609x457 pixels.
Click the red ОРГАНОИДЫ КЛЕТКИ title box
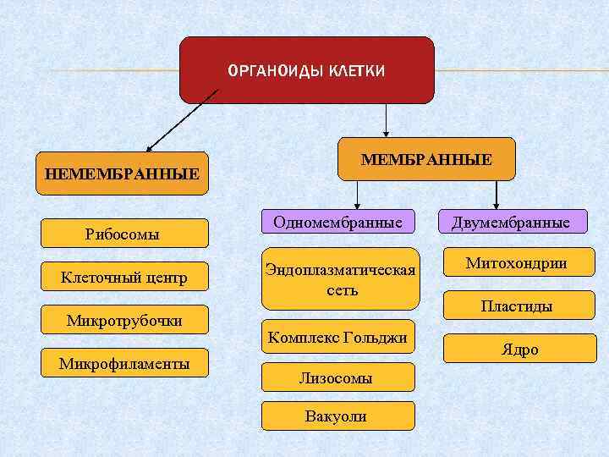click(306, 69)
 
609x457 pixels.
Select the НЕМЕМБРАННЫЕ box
click(123, 173)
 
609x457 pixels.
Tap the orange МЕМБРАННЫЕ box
click(425, 159)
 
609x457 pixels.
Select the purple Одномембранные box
click(337, 222)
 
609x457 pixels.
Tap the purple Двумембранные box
click(510, 222)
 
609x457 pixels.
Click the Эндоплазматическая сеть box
click(340, 278)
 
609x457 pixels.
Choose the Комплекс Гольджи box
click(337, 337)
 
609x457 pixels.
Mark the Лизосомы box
click(337, 377)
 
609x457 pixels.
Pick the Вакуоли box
click(337, 416)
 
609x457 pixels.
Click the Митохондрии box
click(516, 263)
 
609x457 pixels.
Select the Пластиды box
click(516, 306)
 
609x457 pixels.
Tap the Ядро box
click(516, 349)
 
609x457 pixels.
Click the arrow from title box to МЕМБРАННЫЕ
click(386, 119)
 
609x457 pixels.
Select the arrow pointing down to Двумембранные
click(497, 195)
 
